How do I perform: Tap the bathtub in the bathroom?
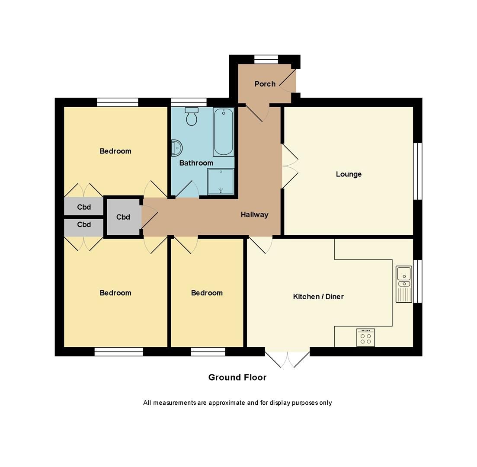(223, 132)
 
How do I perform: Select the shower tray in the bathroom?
(221, 182)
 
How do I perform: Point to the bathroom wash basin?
(176, 148)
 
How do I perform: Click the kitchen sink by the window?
(404, 284)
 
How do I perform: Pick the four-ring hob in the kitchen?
(365, 338)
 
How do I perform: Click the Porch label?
(265, 84)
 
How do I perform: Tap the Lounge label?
(349, 174)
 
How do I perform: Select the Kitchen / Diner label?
(318, 297)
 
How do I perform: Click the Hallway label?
(254, 214)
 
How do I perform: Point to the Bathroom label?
(196, 163)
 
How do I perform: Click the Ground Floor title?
(237, 377)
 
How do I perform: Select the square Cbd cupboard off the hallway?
(123, 217)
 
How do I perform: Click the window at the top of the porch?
(266, 59)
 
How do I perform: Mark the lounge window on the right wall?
(417, 171)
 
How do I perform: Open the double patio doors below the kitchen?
(287, 358)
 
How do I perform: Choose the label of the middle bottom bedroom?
(207, 293)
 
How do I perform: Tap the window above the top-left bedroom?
(117, 102)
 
